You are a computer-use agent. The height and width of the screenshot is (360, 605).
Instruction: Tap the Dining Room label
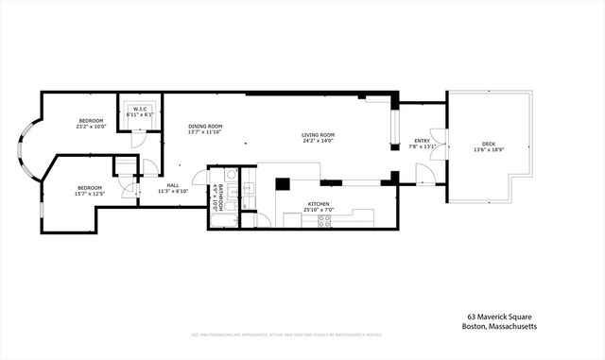pos(204,127)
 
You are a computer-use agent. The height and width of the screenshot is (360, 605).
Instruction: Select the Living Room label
pos(318,135)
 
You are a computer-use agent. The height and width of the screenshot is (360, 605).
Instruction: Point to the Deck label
pos(488,144)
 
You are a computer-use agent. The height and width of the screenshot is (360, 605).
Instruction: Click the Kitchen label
pos(318,204)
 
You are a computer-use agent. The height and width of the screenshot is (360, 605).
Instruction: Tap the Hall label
pos(173,185)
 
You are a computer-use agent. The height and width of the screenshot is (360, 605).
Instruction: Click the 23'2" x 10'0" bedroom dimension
pos(92,127)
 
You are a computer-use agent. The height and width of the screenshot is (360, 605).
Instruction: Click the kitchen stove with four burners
pos(323,220)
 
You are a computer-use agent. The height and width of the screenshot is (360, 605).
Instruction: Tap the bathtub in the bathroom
pos(223,222)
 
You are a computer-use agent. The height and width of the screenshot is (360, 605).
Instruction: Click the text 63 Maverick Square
pos(500,317)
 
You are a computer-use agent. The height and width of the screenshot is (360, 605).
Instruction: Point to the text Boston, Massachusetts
pos(500,327)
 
